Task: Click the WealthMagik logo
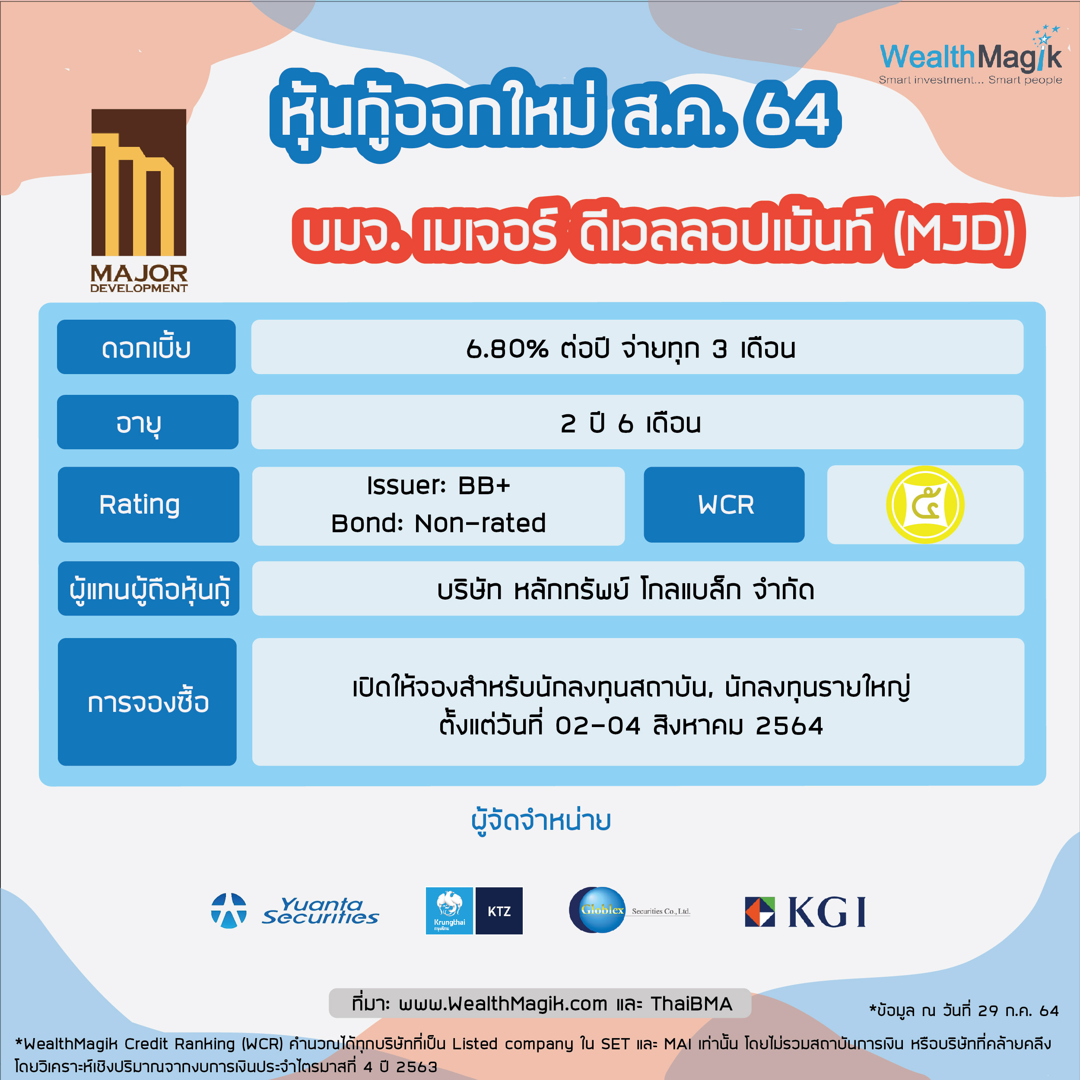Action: point(970,56)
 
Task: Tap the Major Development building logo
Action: point(139,200)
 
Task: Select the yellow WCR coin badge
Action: point(925,505)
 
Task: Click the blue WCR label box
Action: point(724,505)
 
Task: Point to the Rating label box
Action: point(148,505)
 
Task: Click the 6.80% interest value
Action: point(507,349)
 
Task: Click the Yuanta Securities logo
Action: point(295,911)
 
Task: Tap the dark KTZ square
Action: point(499,911)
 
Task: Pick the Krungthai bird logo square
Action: point(449,911)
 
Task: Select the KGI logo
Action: point(805,912)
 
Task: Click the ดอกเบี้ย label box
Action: point(146,346)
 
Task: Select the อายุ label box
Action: point(148,422)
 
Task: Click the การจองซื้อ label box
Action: point(147,702)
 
